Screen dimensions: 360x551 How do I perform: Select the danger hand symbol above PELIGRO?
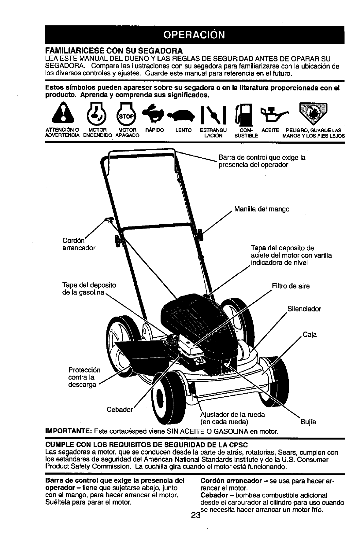tap(313, 113)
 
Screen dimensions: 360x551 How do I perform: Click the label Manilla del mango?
tap(262, 209)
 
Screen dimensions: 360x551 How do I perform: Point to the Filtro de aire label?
tap(291, 286)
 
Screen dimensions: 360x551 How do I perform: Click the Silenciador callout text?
tap(304, 309)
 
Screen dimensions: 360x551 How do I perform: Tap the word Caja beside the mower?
tap(310, 335)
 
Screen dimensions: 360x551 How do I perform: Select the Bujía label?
tap(308, 422)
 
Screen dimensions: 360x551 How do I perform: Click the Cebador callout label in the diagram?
tap(119, 410)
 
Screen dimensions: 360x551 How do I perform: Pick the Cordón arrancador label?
tap(79, 244)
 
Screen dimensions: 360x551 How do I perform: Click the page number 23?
tap(195, 516)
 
